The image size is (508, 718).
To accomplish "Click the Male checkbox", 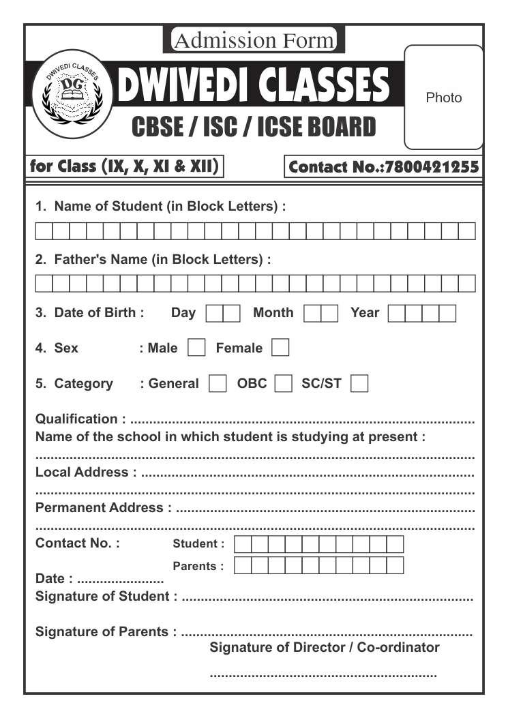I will click(196, 348).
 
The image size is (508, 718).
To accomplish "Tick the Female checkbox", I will click(280, 348).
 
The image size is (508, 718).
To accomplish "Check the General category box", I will click(218, 383).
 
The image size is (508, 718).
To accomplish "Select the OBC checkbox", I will click(283, 383).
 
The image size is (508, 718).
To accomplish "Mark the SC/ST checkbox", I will click(359, 383).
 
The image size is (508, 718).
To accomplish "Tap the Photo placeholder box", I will click(443, 98).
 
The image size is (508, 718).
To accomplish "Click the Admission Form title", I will click(254, 41).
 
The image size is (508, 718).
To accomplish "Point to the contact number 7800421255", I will click(432, 167).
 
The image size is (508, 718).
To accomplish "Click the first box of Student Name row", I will click(44, 230).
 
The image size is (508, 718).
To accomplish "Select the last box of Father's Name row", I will click(466, 283).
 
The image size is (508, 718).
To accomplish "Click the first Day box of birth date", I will click(214, 313).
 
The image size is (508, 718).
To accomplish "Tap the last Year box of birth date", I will click(447, 313).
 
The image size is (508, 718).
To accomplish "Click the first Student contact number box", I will click(242, 543).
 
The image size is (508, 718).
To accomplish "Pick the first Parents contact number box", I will click(242, 565).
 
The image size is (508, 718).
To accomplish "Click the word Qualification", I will click(76, 419).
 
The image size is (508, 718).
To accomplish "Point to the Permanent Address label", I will click(100, 507).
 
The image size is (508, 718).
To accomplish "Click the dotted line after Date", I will click(120, 580).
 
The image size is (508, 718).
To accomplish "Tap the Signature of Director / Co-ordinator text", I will click(325, 647).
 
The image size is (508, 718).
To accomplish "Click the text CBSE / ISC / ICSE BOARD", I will click(254, 127).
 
